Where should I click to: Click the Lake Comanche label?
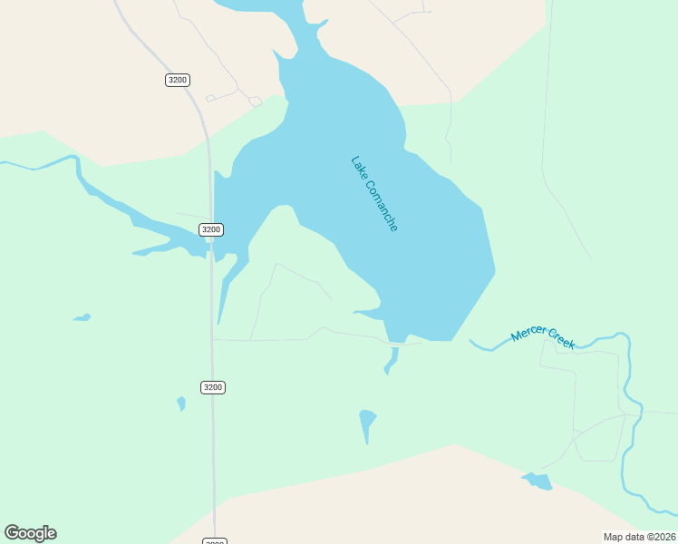click(373, 194)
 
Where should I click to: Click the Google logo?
click(30, 533)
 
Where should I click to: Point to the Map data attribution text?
click(639, 537)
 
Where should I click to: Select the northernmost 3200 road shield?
click(178, 80)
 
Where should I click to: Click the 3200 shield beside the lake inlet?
click(211, 229)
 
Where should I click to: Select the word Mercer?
click(528, 331)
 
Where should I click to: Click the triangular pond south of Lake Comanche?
click(366, 422)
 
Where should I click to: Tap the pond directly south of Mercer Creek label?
click(537, 481)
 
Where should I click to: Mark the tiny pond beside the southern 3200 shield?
click(181, 403)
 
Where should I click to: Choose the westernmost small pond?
click(82, 318)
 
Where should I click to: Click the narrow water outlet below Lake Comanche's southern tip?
click(392, 359)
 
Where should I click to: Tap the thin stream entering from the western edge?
click(36, 167)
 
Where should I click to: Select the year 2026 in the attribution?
click(663, 537)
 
